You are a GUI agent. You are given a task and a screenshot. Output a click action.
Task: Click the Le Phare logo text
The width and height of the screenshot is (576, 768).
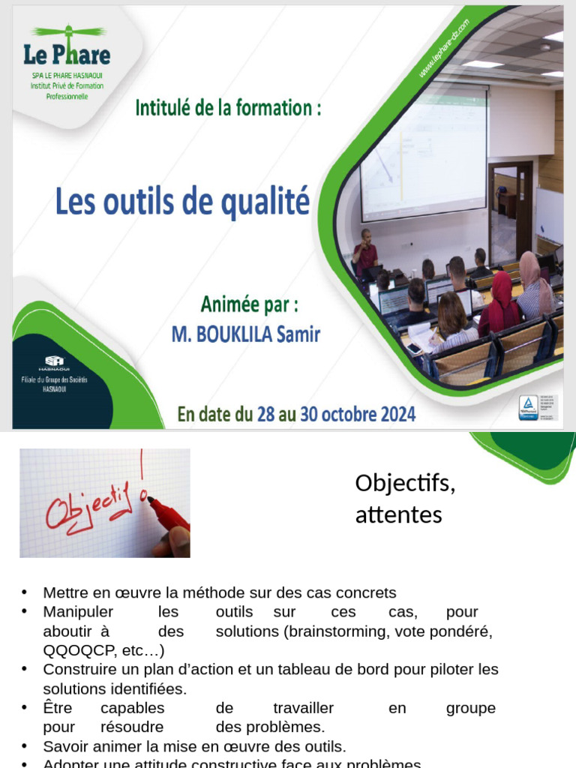click(67, 55)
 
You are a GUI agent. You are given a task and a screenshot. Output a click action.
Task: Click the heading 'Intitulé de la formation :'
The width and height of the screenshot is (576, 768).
click(229, 108)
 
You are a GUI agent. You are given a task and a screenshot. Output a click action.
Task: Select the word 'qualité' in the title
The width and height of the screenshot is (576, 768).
click(268, 202)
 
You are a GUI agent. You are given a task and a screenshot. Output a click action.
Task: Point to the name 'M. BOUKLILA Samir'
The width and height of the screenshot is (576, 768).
click(245, 334)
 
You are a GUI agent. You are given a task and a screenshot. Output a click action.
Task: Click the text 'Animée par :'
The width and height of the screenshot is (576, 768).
click(249, 306)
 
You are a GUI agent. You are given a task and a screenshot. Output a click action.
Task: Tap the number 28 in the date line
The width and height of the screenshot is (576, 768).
click(265, 414)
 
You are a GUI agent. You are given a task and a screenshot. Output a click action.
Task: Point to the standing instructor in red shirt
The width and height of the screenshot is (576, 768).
click(365, 253)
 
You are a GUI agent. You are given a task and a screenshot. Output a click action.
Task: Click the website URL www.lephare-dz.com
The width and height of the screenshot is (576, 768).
click(444, 49)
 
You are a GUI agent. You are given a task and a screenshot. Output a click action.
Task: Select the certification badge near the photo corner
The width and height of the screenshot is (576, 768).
click(529, 407)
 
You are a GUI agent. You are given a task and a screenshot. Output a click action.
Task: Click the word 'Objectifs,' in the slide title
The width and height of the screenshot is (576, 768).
click(405, 483)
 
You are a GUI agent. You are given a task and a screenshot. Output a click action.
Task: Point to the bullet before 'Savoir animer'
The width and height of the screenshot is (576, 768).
click(25, 746)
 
